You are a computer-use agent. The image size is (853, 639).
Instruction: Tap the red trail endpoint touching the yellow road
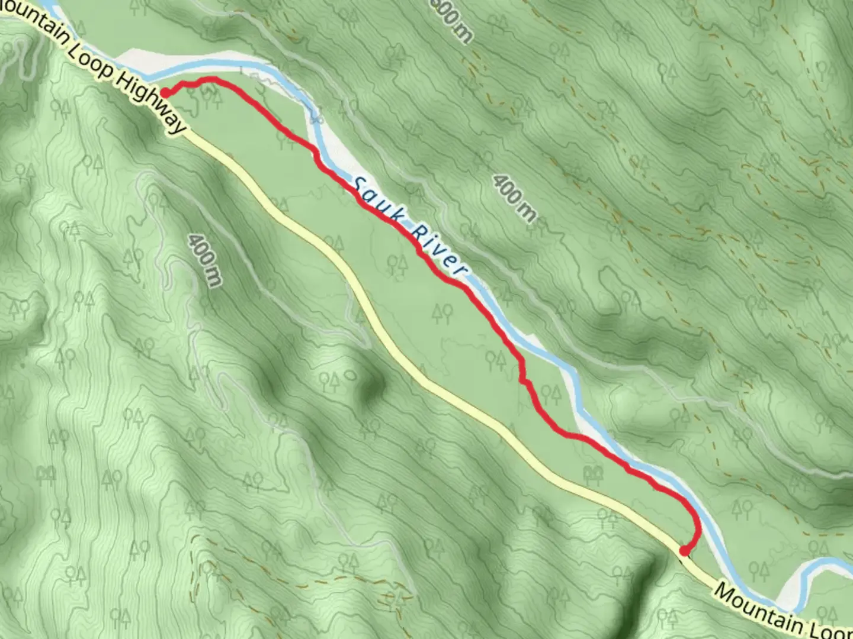click(684, 551)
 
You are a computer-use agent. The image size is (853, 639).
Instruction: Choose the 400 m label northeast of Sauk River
click(513, 198)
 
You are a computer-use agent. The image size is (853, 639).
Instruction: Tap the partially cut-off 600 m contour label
click(453, 19)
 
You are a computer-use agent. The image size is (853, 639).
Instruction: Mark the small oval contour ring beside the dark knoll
click(350, 375)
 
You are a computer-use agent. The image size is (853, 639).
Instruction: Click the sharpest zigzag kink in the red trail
click(522, 379)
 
